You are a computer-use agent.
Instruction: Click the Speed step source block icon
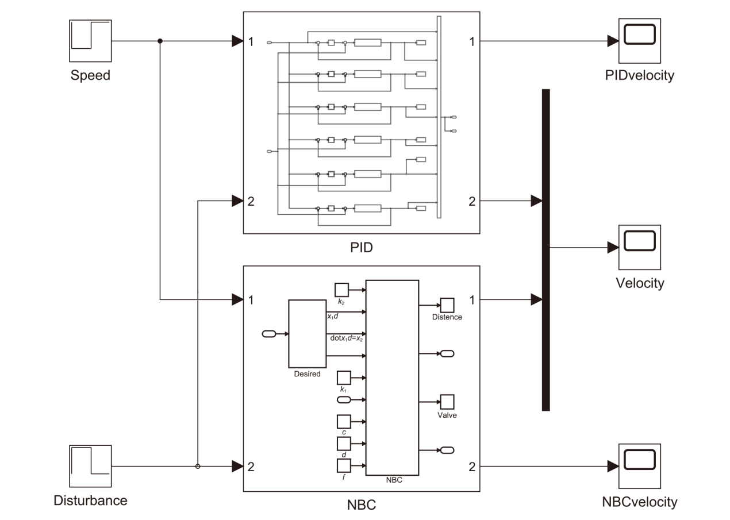[90, 41]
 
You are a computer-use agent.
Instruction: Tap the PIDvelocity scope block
[639, 41]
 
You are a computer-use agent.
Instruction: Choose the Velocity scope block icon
[639, 247]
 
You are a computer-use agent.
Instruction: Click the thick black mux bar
[545, 250]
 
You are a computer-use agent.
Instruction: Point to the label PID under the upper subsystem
[362, 249]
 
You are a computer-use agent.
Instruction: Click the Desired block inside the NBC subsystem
[307, 334]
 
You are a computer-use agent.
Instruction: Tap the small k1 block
[343, 378]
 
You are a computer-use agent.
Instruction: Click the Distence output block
[448, 305]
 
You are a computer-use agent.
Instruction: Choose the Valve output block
[448, 401]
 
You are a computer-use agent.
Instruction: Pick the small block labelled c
[343, 421]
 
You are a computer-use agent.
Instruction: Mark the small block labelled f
[343, 466]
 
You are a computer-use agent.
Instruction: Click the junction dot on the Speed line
[160, 41]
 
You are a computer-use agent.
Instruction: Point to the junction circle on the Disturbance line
[198, 466]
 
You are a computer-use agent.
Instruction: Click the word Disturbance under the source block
[90, 500]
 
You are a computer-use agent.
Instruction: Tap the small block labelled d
[343, 444]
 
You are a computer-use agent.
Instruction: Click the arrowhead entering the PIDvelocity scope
[613, 41]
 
